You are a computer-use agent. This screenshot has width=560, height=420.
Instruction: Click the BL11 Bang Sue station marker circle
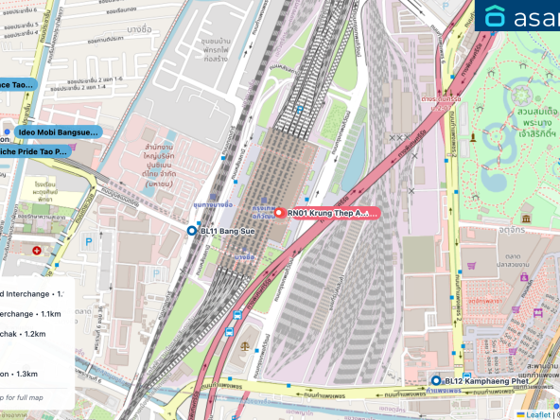pyautogui.click(x=192, y=230)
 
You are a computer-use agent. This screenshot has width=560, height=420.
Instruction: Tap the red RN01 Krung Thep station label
pyautogui.click(x=331, y=214)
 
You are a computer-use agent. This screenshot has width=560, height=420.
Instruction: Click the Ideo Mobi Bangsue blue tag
pyautogui.click(x=56, y=132)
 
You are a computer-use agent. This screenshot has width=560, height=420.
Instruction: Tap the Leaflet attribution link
pyautogui.click(x=538, y=413)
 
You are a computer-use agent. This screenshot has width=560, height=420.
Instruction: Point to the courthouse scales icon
pyautogui.click(x=249, y=346)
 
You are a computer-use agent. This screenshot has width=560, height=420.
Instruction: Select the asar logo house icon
pyautogui.click(x=495, y=17)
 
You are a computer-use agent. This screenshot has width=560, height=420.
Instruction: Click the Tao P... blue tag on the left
pyautogui.click(x=33, y=151)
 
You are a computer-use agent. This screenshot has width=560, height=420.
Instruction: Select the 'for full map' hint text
pyautogui.click(x=23, y=396)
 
